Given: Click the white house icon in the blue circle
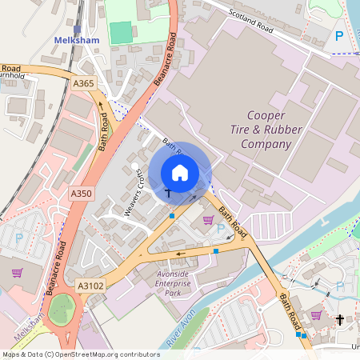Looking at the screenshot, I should [180, 172].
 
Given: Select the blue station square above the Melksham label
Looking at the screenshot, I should [77, 28].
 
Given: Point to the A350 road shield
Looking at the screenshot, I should [81, 194].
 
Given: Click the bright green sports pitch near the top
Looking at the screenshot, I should [121, 33].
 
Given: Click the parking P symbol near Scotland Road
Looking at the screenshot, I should [339, 37].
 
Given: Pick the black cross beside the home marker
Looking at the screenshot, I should [168, 193].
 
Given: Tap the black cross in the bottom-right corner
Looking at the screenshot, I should [340, 319].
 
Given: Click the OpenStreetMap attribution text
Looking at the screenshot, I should [80, 354].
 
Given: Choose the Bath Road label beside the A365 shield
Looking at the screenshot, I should [103, 132].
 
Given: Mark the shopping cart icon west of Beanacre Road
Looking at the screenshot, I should [17, 272].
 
